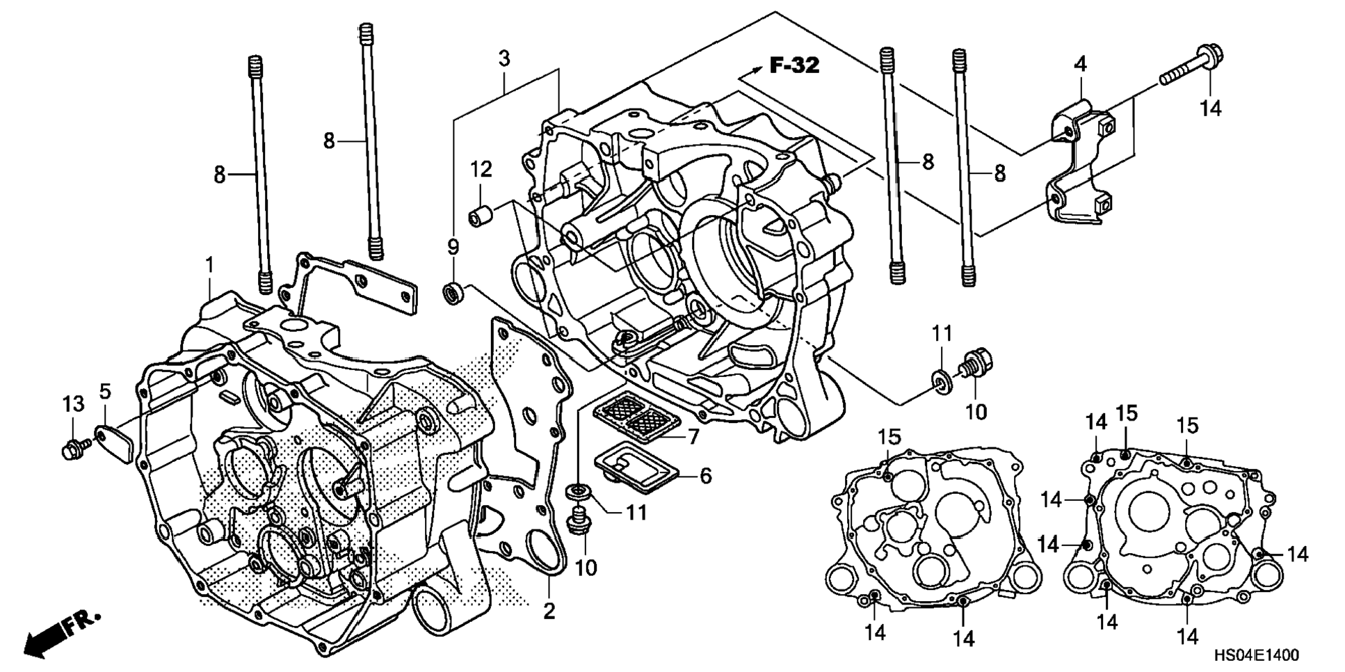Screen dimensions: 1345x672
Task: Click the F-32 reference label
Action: point(794,65)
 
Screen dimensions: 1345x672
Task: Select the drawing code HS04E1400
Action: point(1256,655)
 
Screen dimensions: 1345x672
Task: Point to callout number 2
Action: point(549,611)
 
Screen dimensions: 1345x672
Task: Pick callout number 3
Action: point(504,58)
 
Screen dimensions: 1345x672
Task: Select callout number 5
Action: point(104,392)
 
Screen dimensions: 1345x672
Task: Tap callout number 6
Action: point(705,476)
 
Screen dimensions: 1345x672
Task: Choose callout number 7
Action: point(693,438)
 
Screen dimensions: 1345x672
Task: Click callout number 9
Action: point(453,247)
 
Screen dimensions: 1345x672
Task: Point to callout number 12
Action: point(481,169)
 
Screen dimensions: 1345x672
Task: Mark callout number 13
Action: point(74,403)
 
